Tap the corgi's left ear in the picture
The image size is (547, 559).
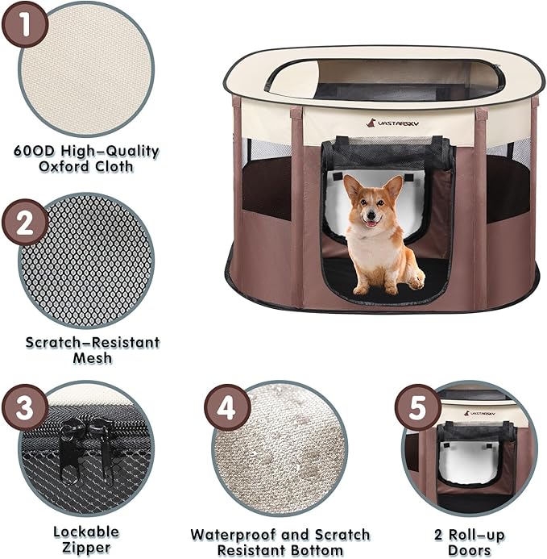point(353,186)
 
